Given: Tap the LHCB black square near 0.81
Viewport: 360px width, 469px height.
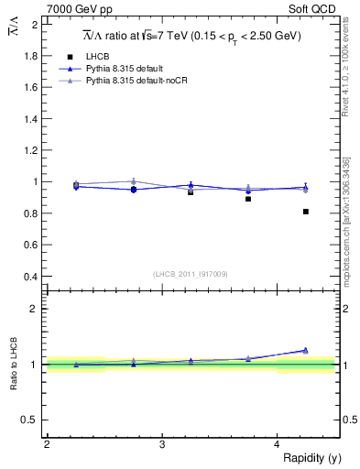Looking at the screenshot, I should [306, 212].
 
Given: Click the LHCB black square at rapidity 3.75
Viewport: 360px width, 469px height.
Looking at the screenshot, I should [248, 199].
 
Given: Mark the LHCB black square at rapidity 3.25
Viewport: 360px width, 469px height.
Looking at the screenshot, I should [191, 192].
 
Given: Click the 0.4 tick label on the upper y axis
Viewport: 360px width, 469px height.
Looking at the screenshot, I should [32, 277].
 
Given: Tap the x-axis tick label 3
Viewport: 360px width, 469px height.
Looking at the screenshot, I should [161, 444].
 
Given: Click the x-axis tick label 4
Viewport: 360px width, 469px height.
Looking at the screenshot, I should [277, 444].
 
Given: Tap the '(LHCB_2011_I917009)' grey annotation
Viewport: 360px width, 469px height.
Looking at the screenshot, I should [191, 273].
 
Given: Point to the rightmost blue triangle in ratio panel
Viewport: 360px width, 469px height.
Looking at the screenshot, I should [306, 350].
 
